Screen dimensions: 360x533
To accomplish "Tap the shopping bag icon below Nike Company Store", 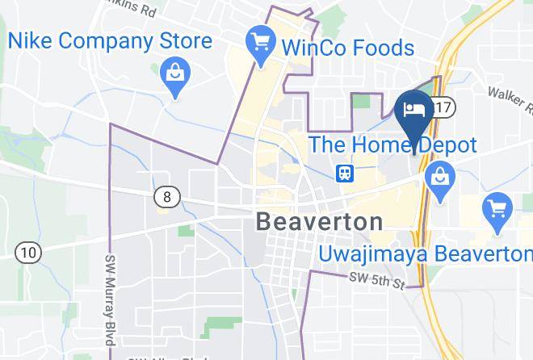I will click(x=175, y=74).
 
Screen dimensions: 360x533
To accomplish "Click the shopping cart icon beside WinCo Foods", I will click(x=260, y=41).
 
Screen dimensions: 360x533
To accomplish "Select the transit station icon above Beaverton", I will click(x=344, y=173).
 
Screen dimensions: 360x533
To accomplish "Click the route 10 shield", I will click(x=29, y=253).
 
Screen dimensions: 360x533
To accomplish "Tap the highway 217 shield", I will click(x=443, y=107).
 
